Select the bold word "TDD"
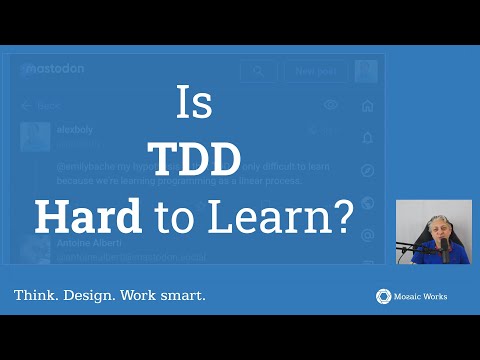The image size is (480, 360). click(194, 158)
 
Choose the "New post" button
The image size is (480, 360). click(315, 71)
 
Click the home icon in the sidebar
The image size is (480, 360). click(367, 105)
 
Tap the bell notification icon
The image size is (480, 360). click(367, 137)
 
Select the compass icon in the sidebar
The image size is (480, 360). click(367, 170)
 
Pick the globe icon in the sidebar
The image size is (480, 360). click(367, 203)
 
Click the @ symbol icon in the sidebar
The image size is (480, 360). click(367, 235)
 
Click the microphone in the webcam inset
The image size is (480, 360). click(444, 247)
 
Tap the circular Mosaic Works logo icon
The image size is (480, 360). click(382, 296)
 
